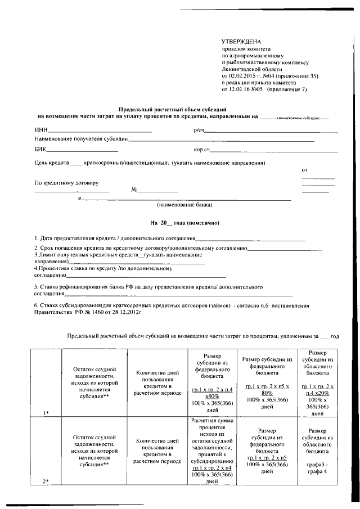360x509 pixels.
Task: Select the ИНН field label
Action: (41, 132)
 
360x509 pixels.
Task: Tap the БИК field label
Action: (40, 150)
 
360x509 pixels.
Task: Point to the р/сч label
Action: (199, 132)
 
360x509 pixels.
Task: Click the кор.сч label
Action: (202, 150)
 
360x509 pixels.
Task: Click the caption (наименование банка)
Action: (184, 205)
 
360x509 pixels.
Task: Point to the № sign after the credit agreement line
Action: (134, 190)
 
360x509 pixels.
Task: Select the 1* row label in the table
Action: (47, 413)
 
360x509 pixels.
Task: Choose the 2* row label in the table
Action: (47, 480)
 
